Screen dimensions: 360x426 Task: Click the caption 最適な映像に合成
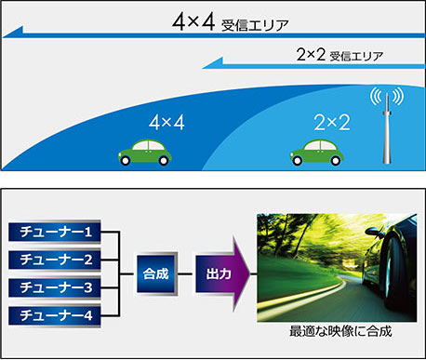coord(336,332)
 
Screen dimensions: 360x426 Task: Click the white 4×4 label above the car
coord(166,121)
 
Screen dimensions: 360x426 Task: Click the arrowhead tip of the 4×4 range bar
coord(6,35)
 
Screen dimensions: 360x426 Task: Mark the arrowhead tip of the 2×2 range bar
coord(204,66)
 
